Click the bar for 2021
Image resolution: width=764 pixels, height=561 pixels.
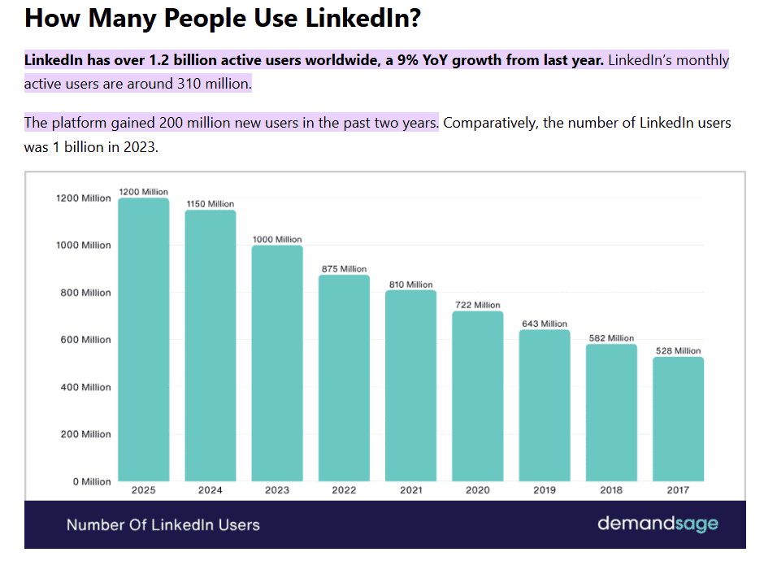tap(410, 385)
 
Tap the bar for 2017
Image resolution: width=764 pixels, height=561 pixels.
tap(678, 419)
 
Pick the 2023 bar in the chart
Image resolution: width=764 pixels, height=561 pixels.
tap(277, 363)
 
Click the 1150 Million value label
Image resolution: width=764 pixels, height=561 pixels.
tap(210, 204)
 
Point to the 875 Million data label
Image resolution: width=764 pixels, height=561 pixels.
tap(343, 269)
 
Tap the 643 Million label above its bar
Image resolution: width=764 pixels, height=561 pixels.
tap(544, 324)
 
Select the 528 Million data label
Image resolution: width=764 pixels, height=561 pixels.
tap(677, 351)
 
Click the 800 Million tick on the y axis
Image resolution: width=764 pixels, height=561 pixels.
tap(85, 293)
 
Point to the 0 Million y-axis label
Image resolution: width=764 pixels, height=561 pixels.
tap(91, 481)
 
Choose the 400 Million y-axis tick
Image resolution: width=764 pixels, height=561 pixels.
tap(85, 387)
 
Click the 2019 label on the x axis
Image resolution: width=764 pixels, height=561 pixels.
tap(545, 490)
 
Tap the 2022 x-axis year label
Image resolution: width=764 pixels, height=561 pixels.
tap(344, 490)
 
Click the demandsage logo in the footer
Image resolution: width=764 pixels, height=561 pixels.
tap(658, 524)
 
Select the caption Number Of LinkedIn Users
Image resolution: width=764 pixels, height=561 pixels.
tap(163, 524)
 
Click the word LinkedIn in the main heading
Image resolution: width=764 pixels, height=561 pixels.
tap(358, 18)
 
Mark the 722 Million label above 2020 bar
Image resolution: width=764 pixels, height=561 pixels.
tap(477, 305)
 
